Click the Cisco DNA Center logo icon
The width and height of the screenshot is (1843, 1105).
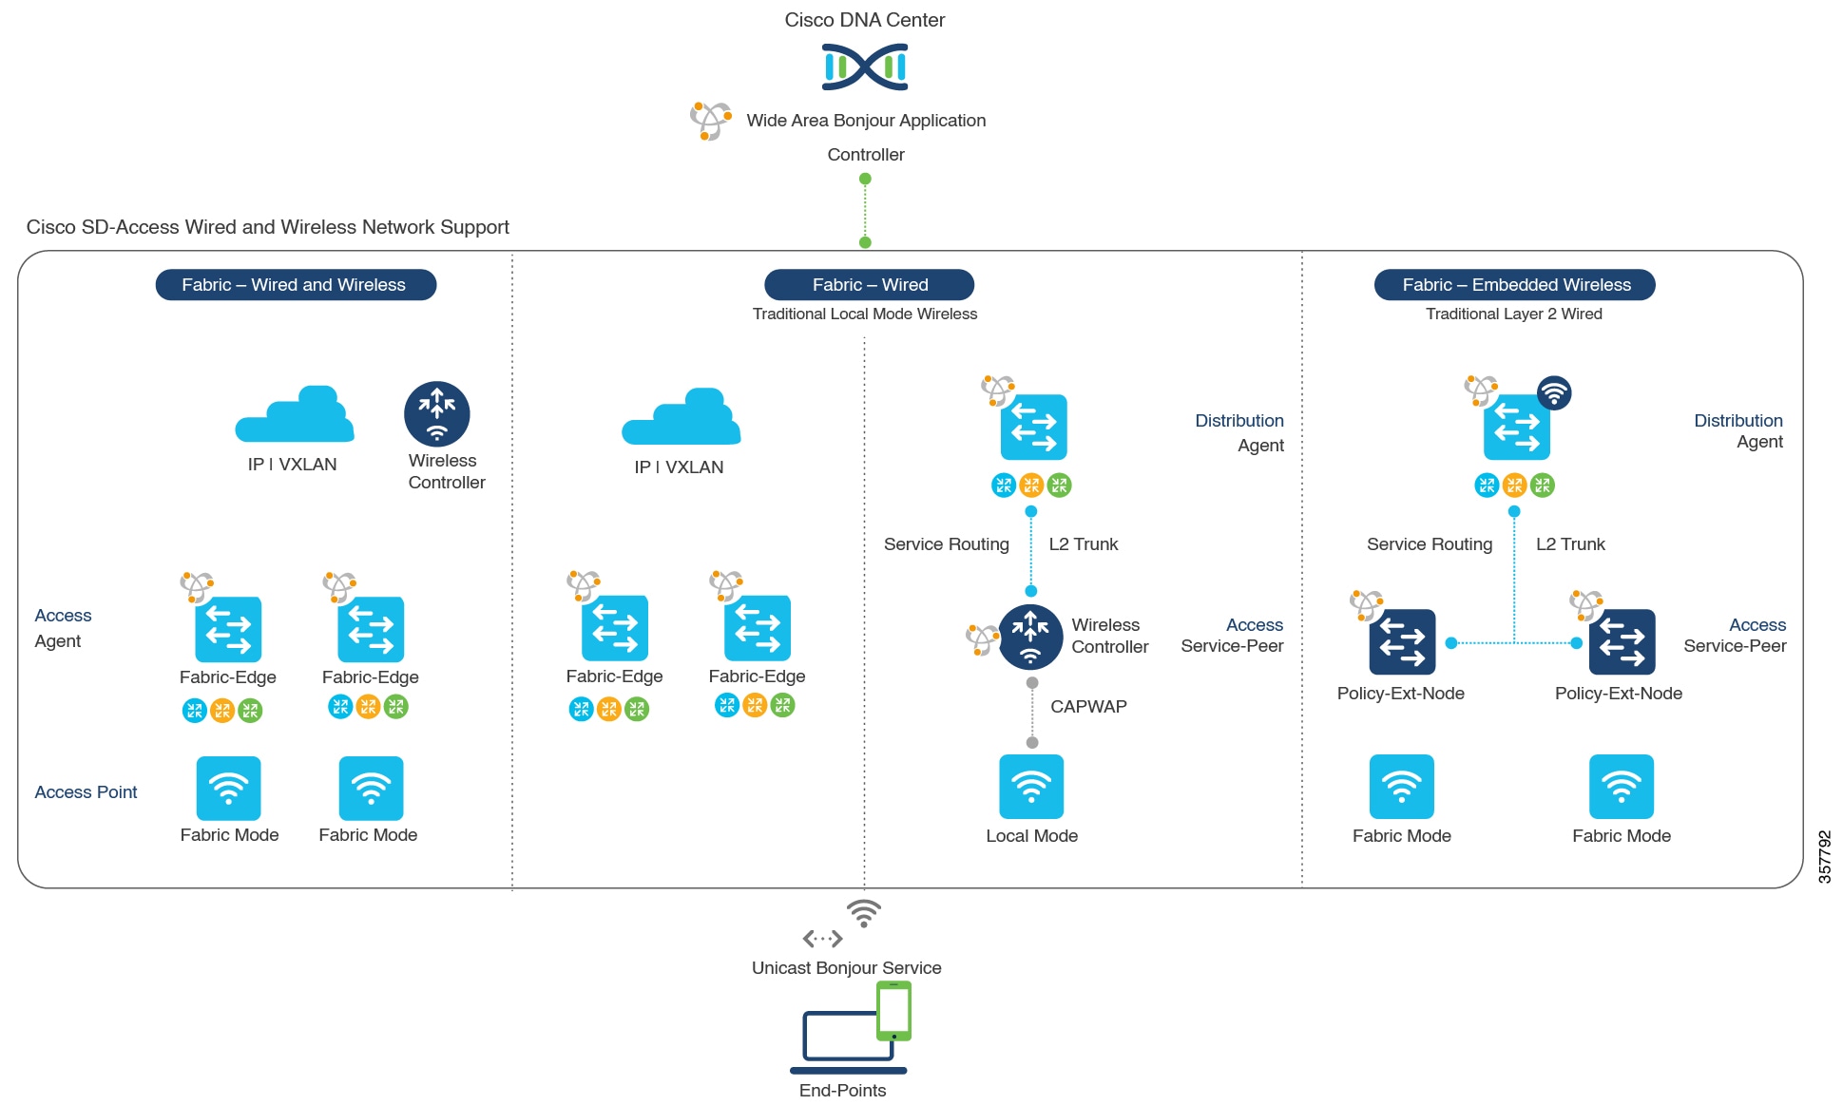coord(864,67)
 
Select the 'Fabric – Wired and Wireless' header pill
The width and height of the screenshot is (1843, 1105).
coord(296,285)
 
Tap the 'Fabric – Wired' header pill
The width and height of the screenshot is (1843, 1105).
coord(869,285)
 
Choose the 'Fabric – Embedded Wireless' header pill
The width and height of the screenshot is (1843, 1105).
coord(1514,285)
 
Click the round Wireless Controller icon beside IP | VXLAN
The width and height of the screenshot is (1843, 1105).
coord(436,413)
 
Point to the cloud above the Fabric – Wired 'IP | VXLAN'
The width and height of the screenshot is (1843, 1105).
coord(681,417)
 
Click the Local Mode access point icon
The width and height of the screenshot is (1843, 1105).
coord(1031,787)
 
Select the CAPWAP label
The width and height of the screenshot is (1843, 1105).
coord(1088,707)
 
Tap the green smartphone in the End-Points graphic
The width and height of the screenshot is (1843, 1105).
coord(893,1011)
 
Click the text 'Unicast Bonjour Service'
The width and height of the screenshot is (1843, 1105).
coord(846,968)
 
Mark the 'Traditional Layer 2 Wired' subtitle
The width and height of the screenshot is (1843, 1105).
coord(1513,314)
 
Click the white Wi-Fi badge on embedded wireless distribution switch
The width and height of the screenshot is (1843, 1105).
coord(1553,392)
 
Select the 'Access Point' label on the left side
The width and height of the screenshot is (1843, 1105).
coord(86,792)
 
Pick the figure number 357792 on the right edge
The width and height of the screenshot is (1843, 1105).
coord(1824,857)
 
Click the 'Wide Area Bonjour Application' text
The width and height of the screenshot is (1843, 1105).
coord(866,121)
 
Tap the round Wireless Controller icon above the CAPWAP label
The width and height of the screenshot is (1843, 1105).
coord(1030,637)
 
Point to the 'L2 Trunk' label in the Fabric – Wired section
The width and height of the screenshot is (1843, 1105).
coord(1083,544)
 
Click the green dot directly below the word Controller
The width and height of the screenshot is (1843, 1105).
coord(865,179)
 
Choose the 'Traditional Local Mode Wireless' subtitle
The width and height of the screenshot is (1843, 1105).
coord(864,314)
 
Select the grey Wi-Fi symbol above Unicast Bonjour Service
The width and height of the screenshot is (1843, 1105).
coord(864,914)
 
